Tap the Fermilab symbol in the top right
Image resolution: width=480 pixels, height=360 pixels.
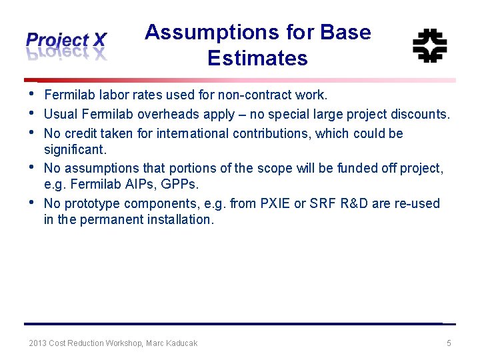(x=429, y=45)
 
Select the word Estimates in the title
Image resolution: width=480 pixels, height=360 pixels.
(x=257, y=59)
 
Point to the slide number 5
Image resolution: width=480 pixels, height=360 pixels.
(x=449, y=343)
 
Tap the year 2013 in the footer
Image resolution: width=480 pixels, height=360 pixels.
(x=38, y=343)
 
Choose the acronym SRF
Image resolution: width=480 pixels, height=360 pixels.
(x=326, y=203)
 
